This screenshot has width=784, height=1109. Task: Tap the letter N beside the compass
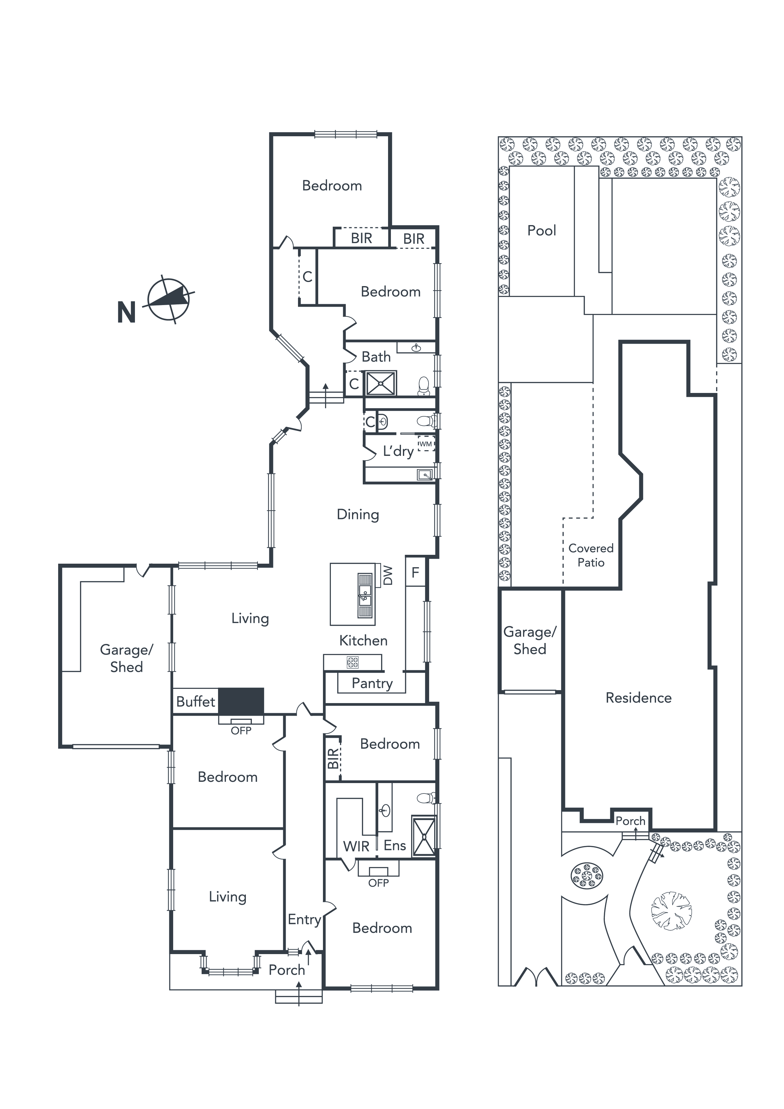point(126,313)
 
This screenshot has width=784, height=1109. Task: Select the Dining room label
point(358,514)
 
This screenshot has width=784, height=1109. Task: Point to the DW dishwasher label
point(388,576)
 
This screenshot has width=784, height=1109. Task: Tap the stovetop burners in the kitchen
point(353,662)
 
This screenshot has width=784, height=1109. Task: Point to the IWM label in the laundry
point(425,444)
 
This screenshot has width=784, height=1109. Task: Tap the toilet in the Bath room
point(423,385)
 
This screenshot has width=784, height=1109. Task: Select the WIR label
point(356,846)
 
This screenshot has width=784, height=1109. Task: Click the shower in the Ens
point(423,837)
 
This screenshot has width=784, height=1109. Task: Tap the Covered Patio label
point(591,555)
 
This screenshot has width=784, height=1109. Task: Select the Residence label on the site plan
point(639,697)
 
